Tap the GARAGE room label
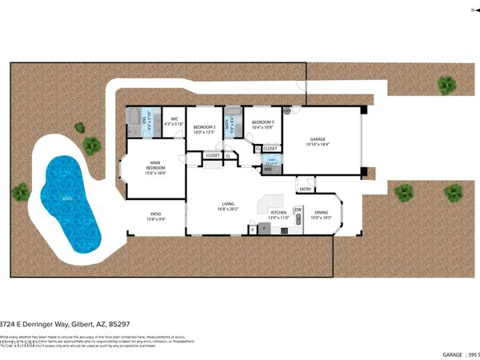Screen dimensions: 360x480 point(319,140)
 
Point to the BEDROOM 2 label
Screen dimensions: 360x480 point(205,126)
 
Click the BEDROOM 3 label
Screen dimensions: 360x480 point(262,122)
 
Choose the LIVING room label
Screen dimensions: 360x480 point(228,206)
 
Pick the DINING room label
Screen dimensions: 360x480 point(320,213)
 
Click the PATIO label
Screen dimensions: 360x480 point(157,214)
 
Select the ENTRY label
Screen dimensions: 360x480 point(305,190)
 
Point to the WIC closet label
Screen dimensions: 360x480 point(174,120)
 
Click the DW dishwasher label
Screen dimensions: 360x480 point(298,210)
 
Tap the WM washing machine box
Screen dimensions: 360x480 point(268,170)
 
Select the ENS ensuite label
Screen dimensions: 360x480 point(146,120)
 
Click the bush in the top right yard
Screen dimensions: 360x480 point(446,84)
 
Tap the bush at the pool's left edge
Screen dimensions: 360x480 point(21,192)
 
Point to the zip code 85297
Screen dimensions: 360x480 point(119,324)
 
